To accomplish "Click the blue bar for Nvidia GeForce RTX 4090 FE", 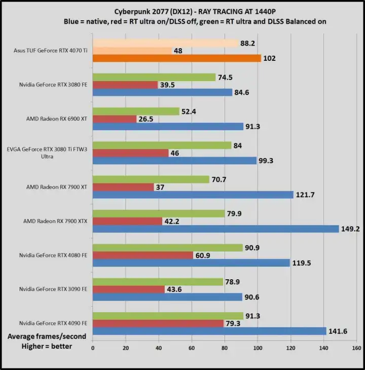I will click(x=209, y=331).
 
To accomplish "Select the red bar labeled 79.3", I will click(x=158, y=323).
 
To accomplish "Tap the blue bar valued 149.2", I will click(x=215, y=229).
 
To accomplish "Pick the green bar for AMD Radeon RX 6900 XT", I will click(x=136, y=111).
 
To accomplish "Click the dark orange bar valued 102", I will click(x=176, y=58).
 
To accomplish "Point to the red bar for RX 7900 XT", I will click(x=123, y=187).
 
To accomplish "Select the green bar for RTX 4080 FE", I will click(x=168, y=247).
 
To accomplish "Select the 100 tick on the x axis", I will click(x=258, y=348).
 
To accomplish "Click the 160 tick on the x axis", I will click(x=356, y=348).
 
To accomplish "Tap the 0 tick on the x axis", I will click(x=93, y=348).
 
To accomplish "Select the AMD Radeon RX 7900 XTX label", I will click(x=55, y=221).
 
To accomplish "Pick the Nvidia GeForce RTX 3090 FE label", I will click(x=53, y=289).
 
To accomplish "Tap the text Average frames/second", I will click(x=47, y=336).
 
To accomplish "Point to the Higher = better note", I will click(x=47, y=346).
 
